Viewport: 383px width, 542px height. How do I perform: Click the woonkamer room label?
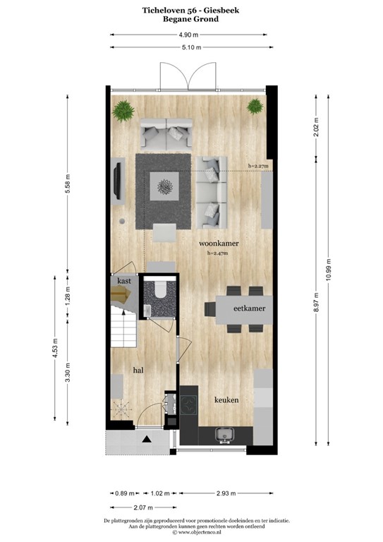[218, 243]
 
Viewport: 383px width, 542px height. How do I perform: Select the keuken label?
[226, 400]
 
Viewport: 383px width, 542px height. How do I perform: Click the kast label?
[125, 280]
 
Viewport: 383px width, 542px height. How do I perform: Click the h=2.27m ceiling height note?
[258, 166]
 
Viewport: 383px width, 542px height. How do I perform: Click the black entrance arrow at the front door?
[147, 440]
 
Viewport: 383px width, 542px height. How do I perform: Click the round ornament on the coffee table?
[167, 186]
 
